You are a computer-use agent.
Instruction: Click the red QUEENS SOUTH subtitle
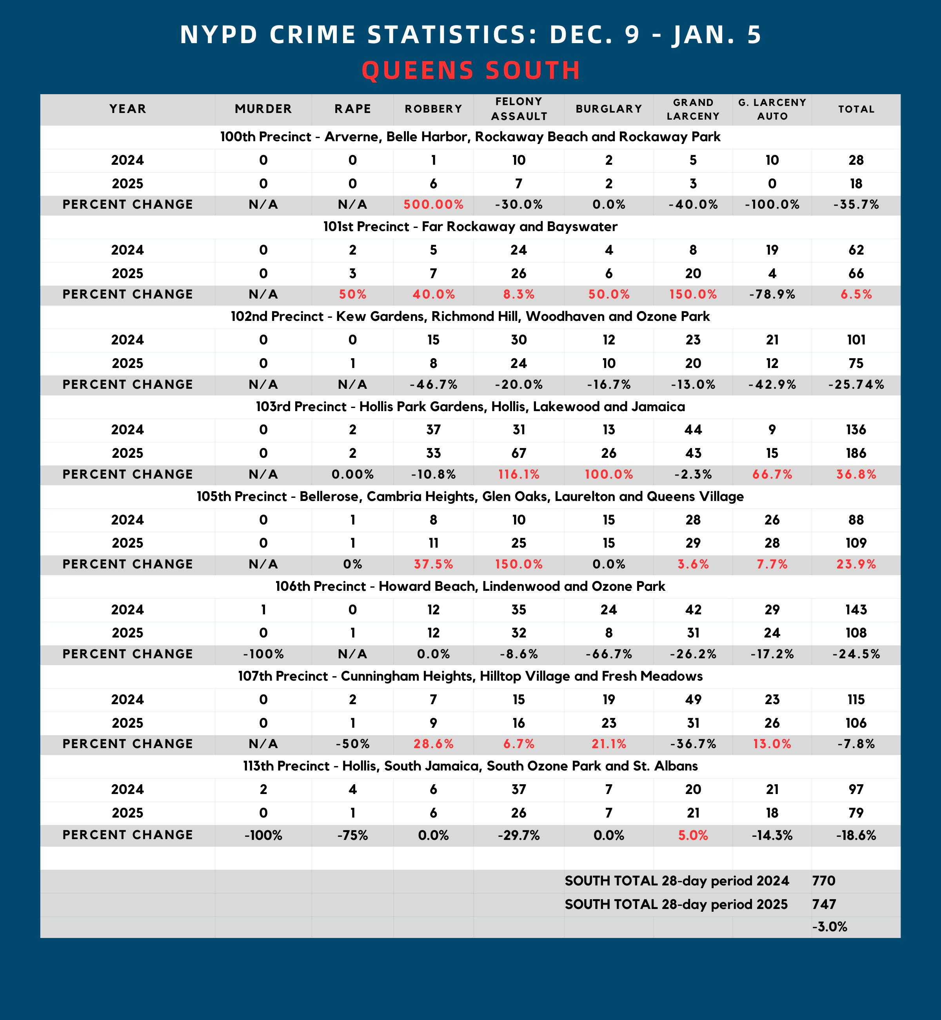click(x=470, y=70)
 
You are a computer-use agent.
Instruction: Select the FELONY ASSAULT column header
click(x=519, y=109)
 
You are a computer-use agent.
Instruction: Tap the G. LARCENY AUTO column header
click(x=772, y=109)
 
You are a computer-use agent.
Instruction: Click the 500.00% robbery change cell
click(x=433, y=205)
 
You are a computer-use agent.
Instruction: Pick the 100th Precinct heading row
click(x=470, y=137)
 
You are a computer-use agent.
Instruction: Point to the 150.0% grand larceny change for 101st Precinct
click(x=693, y=295)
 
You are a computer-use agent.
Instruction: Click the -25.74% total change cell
click(x=856, y=385)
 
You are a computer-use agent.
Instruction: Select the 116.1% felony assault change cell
click(x=519, y=474)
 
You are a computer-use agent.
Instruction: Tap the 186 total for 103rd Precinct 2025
click(x=856, y=453)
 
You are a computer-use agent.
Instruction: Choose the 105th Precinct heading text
click(x=470, y=497)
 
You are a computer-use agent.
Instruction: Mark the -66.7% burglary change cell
click(x=609, y=654)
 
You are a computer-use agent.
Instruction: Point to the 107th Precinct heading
click(x=470, y=676)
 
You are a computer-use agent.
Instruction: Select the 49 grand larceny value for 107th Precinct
click(x=693, y=699)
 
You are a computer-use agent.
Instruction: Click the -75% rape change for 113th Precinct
click(x=352, y=835)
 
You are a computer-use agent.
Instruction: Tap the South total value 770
click(x=824, y=880)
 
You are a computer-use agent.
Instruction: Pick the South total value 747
click(x=824, y=904)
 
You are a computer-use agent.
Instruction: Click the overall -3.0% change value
click(x=830, y=926)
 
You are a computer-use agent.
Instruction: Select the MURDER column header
click(x=263, y=109)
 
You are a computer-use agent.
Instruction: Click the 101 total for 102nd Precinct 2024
click(x=856, y=340)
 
